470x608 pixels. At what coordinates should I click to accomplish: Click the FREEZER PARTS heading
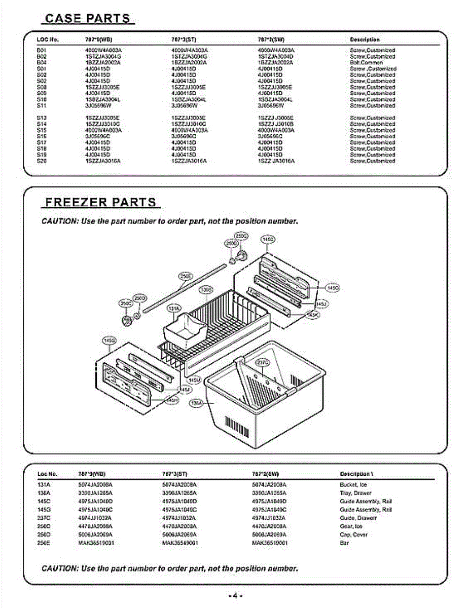101,202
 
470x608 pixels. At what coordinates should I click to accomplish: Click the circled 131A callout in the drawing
173,308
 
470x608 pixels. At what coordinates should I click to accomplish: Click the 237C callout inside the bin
263,362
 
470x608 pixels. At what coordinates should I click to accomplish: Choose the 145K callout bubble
313,315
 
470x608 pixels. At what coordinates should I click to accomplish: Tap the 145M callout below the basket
194,379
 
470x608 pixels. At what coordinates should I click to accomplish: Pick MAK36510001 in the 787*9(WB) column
96,543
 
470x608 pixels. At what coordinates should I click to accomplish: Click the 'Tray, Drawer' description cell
355,492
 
